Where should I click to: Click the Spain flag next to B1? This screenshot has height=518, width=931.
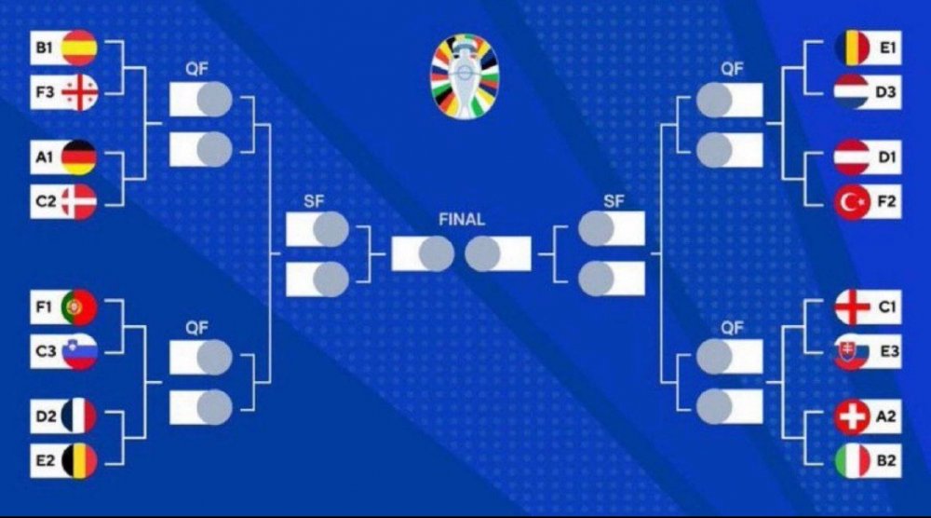coord(79,48)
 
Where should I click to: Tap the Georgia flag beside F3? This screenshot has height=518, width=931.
coord(79,93)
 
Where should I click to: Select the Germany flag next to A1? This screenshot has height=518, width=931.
coord(79,157)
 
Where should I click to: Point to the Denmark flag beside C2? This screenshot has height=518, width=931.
coord(79,202)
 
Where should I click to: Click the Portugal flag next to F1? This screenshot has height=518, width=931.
coord(79,307)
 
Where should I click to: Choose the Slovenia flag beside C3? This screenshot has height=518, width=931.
coord(79,351)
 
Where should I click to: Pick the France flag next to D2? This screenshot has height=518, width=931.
coord(79,416)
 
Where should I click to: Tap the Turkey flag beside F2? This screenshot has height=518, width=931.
coord(852,202)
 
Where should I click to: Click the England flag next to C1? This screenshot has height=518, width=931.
coord(852,307)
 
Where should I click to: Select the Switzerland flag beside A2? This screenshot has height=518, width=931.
coord(852,416)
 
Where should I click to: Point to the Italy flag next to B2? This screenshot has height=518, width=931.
coord(852,460)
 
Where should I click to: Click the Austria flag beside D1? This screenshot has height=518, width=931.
coord(852,157)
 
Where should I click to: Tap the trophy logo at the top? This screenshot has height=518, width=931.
coord(465,74)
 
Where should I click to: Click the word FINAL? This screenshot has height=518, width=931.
coord(462,221)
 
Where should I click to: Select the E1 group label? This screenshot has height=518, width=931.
coord(886,48)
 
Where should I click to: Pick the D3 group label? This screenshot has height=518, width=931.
coord(886,93)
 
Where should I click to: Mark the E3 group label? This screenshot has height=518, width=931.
coord(886,351)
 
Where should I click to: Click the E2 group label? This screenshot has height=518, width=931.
coord(45,460)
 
